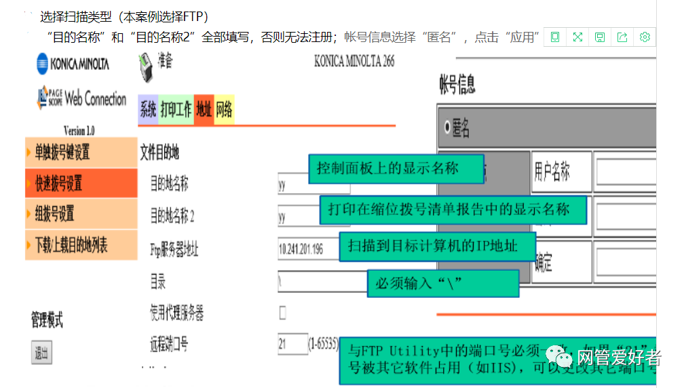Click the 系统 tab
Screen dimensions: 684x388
[148, 110]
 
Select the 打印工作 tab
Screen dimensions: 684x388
[176, 110]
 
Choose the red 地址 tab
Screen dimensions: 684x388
[204, 110]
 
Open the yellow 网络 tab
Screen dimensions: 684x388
[224, 110]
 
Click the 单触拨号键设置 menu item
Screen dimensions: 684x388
[81, 152]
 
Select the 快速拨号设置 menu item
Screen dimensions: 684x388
[81, 183]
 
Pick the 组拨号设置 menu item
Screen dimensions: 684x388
[81, 214]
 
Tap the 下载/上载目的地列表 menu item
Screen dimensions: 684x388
[81, 245]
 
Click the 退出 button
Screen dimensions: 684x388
[41, 353]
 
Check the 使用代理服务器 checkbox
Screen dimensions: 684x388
[283, 313]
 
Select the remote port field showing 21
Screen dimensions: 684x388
[292, 344]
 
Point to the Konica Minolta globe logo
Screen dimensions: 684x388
[43, 64]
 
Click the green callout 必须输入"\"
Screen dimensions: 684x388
[442, 283]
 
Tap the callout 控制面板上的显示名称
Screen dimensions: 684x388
[396, 168]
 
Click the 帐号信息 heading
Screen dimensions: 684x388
[458, 85]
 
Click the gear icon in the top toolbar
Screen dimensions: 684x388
[645, 37]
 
